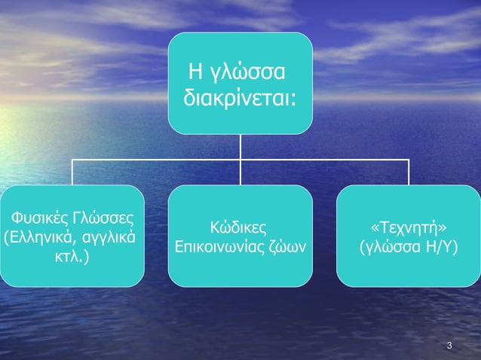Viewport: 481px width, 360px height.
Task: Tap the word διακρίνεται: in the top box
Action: [x=238, y=99]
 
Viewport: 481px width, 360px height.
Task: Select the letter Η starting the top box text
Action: [x=200, y=75]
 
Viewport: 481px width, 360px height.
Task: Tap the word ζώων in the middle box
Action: [x=291, y=246]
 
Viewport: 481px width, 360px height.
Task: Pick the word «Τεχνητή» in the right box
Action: [x=409, y=226]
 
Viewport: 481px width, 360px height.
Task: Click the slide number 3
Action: [x=449, y=346]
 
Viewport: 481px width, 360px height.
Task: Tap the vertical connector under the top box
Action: [x=240, y=146]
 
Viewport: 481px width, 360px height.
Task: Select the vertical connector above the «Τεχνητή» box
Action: [x=409, y=172]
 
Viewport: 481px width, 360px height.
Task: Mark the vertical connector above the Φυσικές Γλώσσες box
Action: [x=72, y=172]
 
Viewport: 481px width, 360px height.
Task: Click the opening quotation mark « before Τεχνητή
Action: [x=375, y=227]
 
